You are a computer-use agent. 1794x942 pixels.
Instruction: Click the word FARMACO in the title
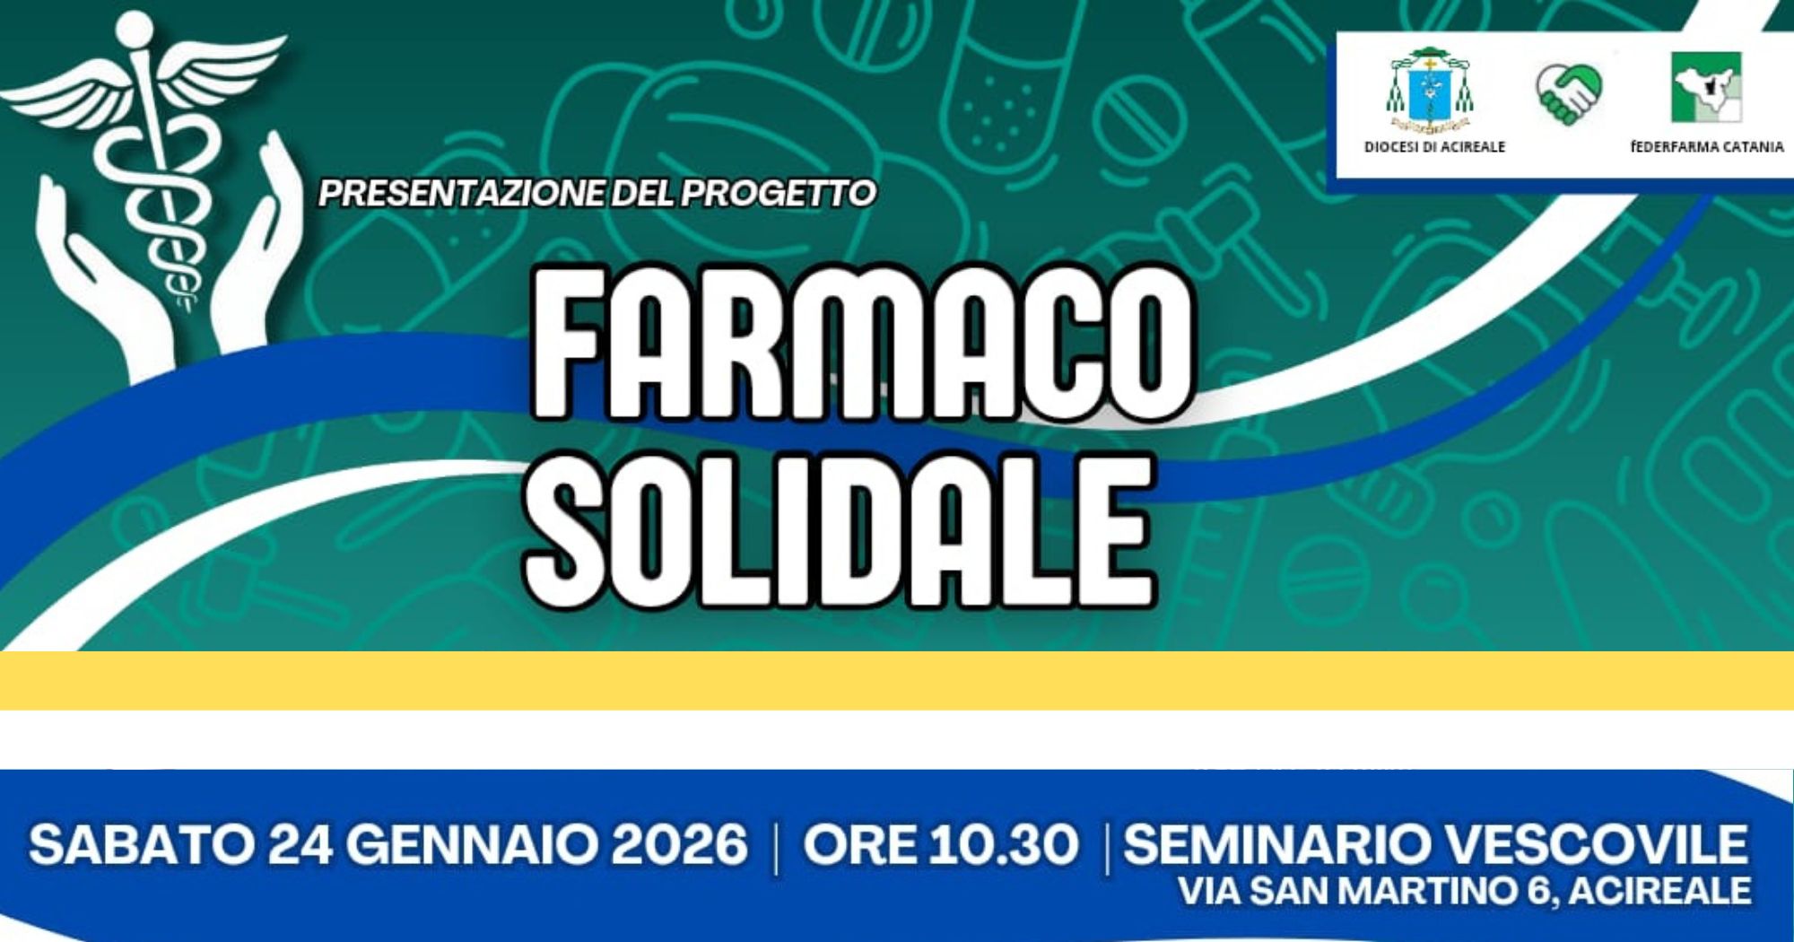(863, 343)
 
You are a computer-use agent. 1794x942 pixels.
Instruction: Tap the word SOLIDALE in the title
(839, 531)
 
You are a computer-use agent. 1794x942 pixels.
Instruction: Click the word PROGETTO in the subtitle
(779, 194)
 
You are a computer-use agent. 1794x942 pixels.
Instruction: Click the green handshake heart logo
(1569, 92)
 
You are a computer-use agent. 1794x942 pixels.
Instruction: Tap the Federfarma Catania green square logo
(1705, 87)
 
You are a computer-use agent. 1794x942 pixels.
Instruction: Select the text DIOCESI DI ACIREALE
(1434, 147)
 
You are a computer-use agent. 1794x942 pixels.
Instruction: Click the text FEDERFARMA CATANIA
(1707, 147)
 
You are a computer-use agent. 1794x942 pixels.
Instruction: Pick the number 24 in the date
(300, 845)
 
